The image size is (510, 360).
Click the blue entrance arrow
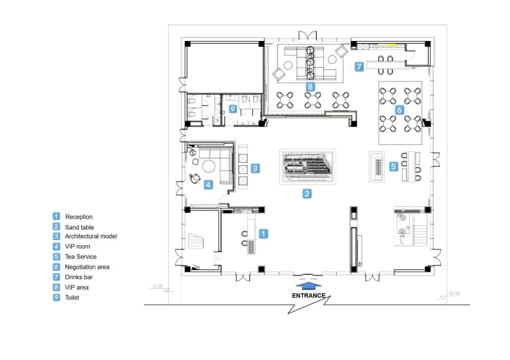pos(308,285)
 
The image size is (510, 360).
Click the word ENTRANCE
pos(308,296)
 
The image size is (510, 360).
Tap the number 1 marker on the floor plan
pos(263,234)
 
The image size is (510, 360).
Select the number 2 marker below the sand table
pos(307,194)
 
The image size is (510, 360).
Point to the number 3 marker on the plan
pos(255,168)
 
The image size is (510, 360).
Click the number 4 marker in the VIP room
pos(209,185)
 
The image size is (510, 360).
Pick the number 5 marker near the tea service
pos(393,167)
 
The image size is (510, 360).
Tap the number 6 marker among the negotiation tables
pos(399,110)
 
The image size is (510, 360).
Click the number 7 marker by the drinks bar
pos(359,67)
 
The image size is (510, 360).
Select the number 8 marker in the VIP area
pos(310,87)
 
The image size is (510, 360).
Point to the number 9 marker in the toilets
pos(232,109)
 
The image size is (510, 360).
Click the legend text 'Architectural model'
pos(91,236)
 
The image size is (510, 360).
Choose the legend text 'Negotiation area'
pos(87,267)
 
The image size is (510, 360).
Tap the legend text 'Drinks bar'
pos(79,277)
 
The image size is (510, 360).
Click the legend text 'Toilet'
pos(72,298)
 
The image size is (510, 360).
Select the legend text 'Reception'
pos(79,217)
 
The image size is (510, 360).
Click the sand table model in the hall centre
pos(308,167)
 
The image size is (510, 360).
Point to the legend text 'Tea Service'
pos(81,257)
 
